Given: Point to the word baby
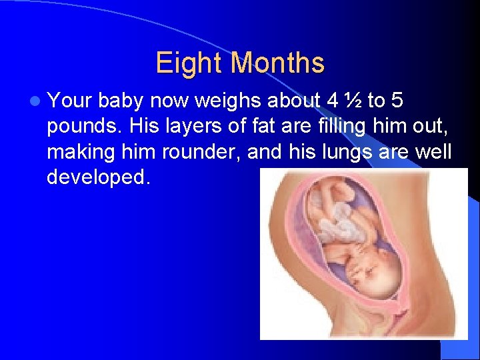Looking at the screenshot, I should [123, 101].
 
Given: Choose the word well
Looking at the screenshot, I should [434, 152].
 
